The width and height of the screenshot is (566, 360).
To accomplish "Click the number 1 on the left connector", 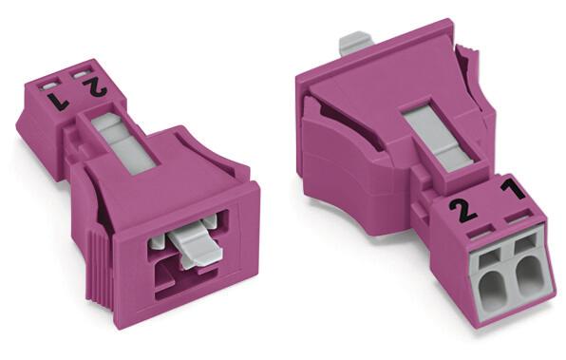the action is click(x=58, y=101).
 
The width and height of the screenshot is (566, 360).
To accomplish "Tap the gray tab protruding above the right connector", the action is click(x=355, y=44).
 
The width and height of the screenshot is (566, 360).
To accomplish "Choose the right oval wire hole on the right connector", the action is click(x=528, y=275).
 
